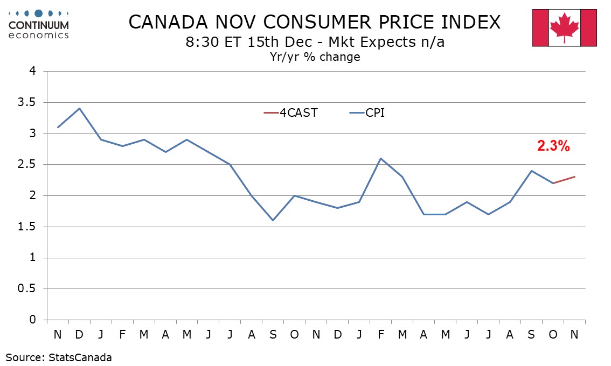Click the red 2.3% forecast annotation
coord(553,146)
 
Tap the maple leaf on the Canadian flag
coord(564,27)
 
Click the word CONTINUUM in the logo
coord(39,25)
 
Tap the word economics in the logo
coord(39,35)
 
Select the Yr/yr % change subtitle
coord(315,57)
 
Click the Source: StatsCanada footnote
coord(59,357)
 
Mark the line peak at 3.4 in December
coord(79,108)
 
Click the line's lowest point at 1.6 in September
coord(273,220)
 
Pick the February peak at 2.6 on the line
coord(380,158)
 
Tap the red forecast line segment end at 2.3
coord(574,177)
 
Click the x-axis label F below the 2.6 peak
coord(380,334)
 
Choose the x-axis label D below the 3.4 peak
coord(79,334)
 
